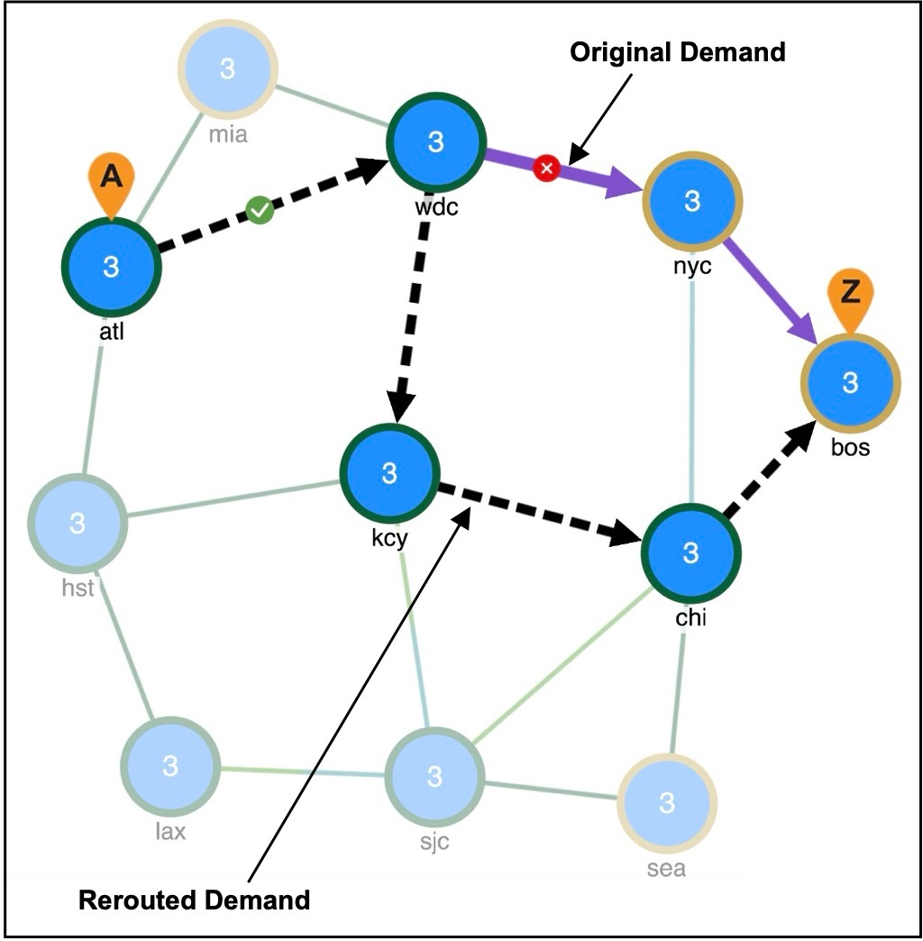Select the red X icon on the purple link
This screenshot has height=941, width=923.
(x=545, y=168)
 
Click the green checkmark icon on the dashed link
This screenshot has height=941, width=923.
(x=260, y=211)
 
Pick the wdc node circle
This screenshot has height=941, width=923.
(x=435, y=142)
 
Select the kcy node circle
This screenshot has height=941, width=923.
(x=389, y=472)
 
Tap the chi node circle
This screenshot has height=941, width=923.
(x=690, y=552)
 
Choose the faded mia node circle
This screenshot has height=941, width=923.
(x=227, y=69)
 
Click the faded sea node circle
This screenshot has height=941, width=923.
(x=667, y=802)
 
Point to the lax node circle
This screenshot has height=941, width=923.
(x=169, y=766)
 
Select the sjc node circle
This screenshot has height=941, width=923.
(x=434, y=775)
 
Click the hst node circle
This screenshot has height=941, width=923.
(x=78, y=522)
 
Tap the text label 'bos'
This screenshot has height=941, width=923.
(x=850, y=446)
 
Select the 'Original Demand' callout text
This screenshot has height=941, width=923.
(x=677, y=52)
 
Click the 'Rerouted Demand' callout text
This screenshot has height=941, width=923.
(x=194, y=900)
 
